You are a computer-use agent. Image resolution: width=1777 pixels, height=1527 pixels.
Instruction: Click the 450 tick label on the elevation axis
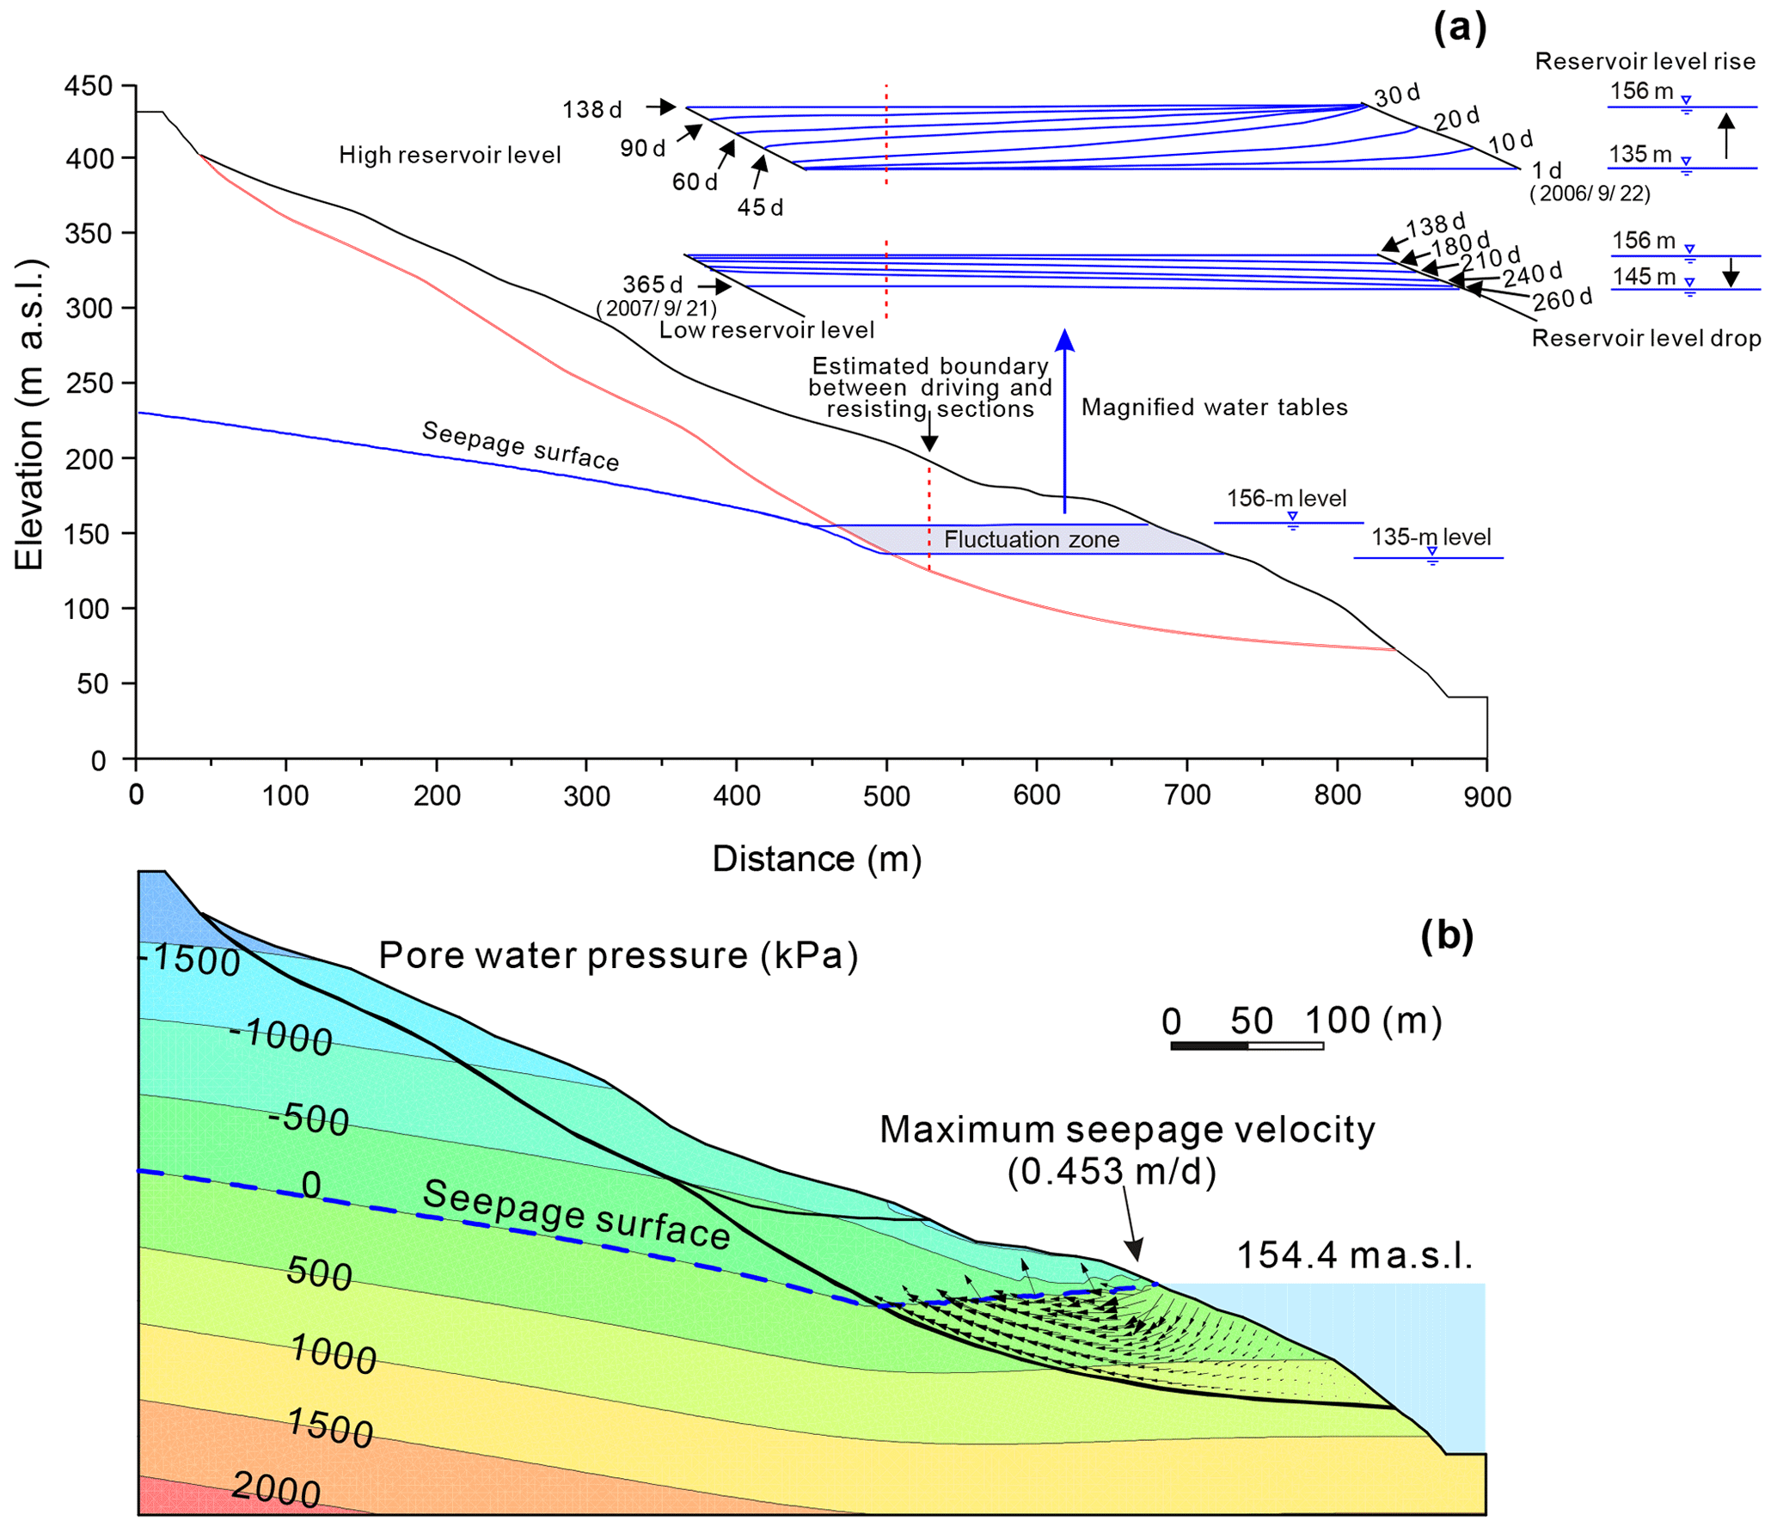(89, 86)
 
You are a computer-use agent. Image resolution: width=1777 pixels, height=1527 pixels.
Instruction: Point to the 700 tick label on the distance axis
(1187, 795)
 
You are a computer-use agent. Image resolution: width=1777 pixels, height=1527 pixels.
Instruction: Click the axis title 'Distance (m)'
(817, 859)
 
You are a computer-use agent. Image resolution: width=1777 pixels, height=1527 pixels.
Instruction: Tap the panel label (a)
(1459, 28)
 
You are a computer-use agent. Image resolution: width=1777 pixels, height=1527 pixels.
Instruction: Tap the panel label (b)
(1447, 935)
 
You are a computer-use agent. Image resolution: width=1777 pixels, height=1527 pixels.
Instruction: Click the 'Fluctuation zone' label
(1032, 539)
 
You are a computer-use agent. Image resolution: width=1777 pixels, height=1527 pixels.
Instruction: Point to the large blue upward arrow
(1065, 421)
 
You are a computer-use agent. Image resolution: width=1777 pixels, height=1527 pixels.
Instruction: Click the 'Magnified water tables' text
(1214, 407)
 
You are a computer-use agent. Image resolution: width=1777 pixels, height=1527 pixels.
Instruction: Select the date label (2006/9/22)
(1590, 193)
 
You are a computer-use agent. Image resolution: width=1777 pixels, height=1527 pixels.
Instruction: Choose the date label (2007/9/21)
(656, 308)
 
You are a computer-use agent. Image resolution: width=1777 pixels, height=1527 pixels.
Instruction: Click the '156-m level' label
(1286, 498)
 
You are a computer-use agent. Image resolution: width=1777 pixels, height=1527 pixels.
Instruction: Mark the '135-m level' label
(1431, 537)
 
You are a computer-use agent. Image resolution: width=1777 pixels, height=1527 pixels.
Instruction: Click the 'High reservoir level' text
(450, 155)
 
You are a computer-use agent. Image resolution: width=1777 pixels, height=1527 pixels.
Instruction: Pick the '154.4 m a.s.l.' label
(1355, 1255)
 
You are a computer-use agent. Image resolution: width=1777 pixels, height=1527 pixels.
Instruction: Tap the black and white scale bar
(1247, 1046)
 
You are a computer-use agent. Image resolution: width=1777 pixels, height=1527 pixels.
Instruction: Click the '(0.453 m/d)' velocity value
(1112, 1171)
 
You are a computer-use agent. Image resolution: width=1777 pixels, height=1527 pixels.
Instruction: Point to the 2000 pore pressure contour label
(276, 1489)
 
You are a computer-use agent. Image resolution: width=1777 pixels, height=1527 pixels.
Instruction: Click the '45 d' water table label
(760, 207)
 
